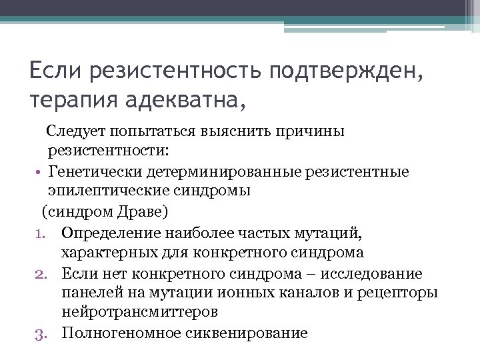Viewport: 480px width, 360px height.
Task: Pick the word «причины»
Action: [x=310, y=131]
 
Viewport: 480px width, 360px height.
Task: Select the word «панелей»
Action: [x=91, y=293]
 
